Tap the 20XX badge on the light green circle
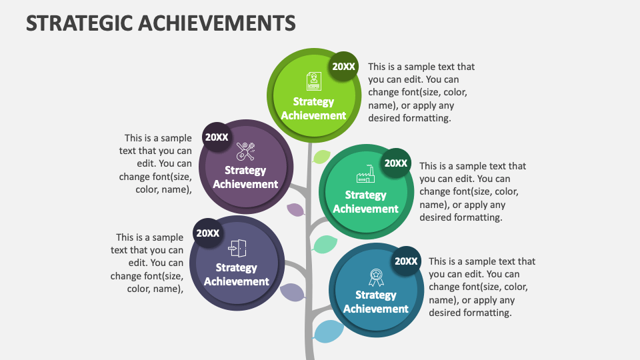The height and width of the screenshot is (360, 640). coord(344,66)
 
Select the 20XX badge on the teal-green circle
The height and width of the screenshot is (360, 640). coord(396,163)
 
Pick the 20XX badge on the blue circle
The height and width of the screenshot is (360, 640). coord(406,261)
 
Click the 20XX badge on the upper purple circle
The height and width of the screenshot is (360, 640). coord(217,137)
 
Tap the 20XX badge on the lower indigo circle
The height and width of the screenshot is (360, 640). coord(207,233)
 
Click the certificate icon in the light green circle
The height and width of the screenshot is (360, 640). coord(313,81)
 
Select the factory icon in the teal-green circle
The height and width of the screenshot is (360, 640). coord(365,175)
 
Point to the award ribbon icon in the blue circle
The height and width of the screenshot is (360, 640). coord(376,276)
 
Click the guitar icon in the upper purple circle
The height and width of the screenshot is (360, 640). coord(245,151)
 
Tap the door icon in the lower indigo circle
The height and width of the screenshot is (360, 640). coord(237,248)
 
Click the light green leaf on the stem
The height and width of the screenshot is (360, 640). coord(322,157)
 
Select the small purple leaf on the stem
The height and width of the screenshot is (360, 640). coord(295,210)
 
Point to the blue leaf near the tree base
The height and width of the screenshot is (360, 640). coord(328,331)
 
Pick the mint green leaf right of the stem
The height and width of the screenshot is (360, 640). coord(325,244)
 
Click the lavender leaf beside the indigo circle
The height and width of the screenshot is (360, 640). coord(292,292)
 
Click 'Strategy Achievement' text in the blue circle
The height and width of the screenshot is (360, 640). coord(376,302)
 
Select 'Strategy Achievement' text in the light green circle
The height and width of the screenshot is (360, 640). coord(313,109)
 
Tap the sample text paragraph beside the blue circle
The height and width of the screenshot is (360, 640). coord(481,287)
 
